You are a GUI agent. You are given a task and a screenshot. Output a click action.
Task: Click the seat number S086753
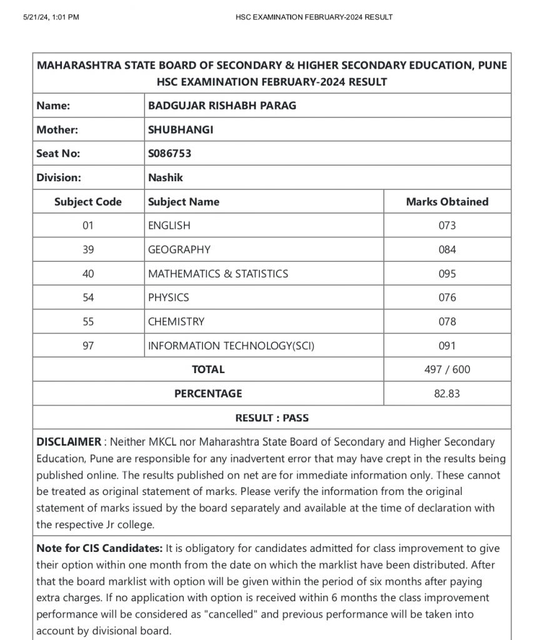[x=169, y=154]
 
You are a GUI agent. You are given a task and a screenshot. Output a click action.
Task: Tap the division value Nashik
[x=166, y=177]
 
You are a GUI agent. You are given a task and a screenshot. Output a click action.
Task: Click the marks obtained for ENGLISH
[x=447, y=226]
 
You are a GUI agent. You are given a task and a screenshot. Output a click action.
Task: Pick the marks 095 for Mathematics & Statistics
[x=447, y=274]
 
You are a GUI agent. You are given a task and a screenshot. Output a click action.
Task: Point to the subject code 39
[x=88, y=249]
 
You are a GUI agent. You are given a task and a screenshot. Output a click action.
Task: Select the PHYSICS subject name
[x=168, y=297]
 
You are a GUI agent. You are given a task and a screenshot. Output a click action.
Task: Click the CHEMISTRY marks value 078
[x=447, y=322]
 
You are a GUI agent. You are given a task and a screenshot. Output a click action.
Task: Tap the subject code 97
[x=88, y=346]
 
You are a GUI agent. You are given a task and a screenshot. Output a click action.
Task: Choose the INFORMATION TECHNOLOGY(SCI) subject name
[x=228, y=346]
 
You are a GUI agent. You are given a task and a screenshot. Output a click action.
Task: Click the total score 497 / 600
[x=447, y=369]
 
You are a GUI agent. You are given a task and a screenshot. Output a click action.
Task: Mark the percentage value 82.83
[x=447, y=394]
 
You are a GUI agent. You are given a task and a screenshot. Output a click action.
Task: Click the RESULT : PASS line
[x=272, y=417]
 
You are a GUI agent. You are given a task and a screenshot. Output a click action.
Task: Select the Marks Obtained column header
[x=447, y=202]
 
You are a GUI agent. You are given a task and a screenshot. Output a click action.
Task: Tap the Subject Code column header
[x=88, y=202]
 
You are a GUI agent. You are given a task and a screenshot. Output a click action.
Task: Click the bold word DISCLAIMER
[x=69, y=442]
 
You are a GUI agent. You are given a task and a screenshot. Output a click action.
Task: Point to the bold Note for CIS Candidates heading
[x=99, y=548]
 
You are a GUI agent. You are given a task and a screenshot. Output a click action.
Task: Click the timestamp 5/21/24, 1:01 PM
[x=51, y=17]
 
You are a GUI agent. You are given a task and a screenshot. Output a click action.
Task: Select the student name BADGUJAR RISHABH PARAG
[x=222, y=106]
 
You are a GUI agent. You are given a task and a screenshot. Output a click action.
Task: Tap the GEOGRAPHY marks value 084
[x=447, y=249]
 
